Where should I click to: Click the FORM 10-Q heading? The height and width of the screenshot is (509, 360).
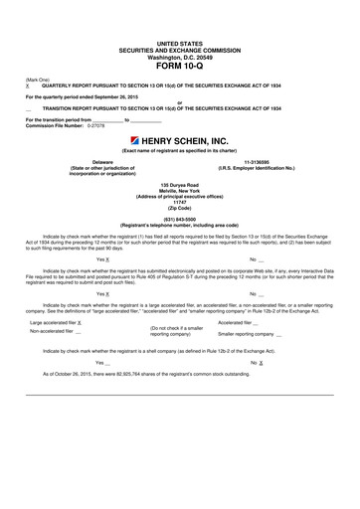click(x=179, y=68)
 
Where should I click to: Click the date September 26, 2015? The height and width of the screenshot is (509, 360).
click(x=126, y=96)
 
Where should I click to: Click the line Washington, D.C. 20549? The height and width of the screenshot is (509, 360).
click(x=179, y=57)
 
